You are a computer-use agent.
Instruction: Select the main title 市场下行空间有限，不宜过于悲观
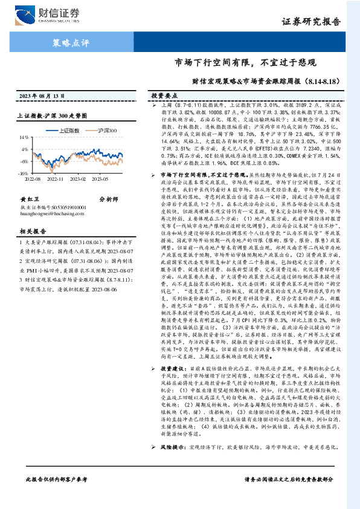pos(245,62)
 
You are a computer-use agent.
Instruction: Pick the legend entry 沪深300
pos(104,131)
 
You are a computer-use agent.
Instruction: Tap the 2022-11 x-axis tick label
pos(56,179)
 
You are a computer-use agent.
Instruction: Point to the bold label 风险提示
pos(173,450)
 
